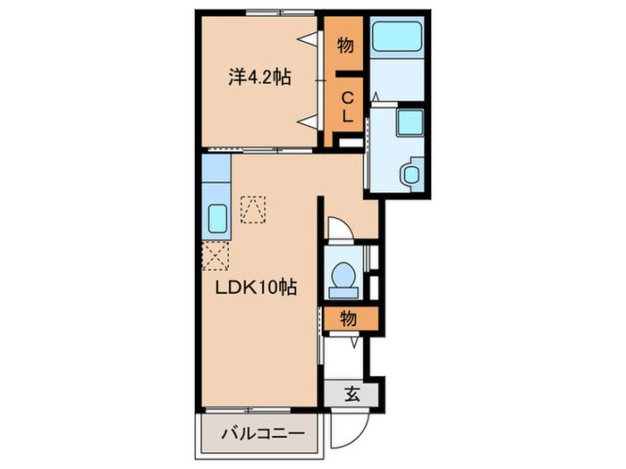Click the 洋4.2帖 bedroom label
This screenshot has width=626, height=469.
coord(259,78)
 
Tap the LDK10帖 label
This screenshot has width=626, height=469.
coord(256,287)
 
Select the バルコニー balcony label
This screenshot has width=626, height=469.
coord(263,433)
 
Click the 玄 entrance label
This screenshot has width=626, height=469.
coord(352,395)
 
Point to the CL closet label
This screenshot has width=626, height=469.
coord(348,107)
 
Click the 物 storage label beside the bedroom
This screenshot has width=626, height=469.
coord(345,45)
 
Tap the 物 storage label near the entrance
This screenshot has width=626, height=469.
coord(348,319)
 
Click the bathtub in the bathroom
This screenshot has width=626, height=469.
coord(397,37)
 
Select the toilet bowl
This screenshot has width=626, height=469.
coord(343,275)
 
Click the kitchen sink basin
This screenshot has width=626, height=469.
coord(217,219)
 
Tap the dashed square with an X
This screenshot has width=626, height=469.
coord(216,256)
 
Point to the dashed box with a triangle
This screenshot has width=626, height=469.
coord(253,209)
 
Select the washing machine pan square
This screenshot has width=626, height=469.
coord(410,121)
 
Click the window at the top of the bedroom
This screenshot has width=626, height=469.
coord(280,13)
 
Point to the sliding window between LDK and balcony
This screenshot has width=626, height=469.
coord(249,410)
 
